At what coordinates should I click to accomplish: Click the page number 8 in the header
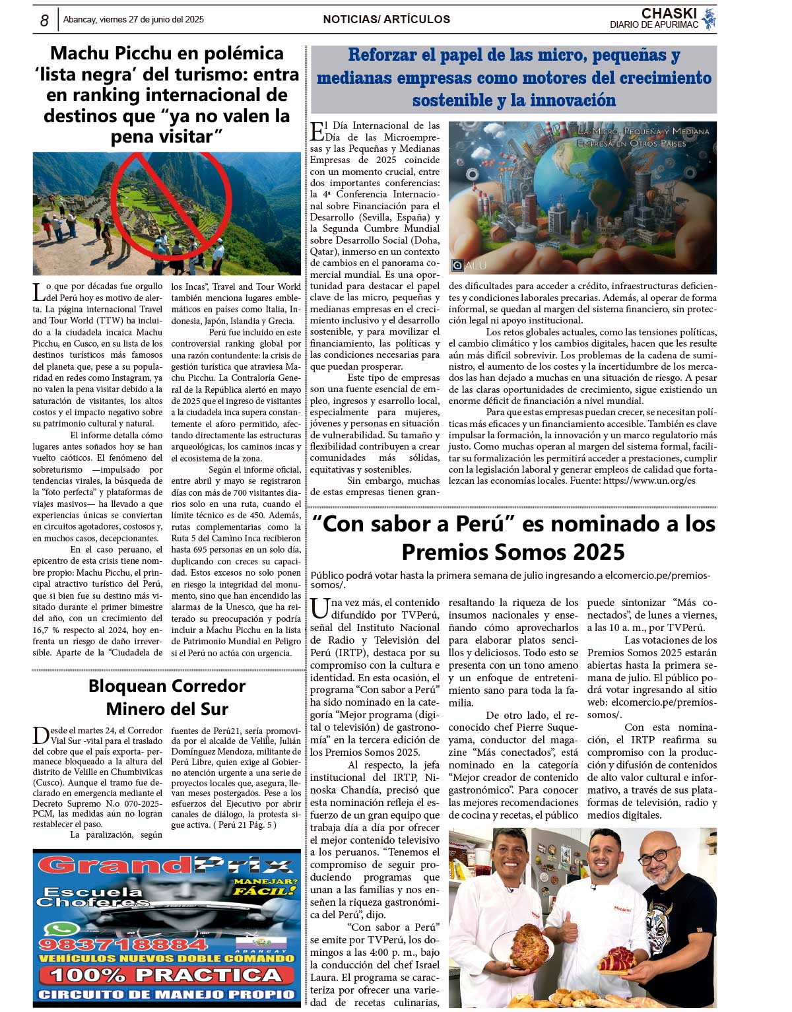[44, 20]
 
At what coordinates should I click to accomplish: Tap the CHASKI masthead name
[669, 13]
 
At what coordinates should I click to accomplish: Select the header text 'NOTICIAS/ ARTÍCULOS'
[386, 20]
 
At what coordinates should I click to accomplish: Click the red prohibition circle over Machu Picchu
[171, 199]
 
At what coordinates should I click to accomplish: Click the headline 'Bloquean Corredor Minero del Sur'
[167, 697]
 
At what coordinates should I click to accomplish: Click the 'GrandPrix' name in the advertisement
[166, 865]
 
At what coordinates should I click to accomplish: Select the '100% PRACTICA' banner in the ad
[166, 975]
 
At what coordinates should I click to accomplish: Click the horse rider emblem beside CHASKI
[709, 18]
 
